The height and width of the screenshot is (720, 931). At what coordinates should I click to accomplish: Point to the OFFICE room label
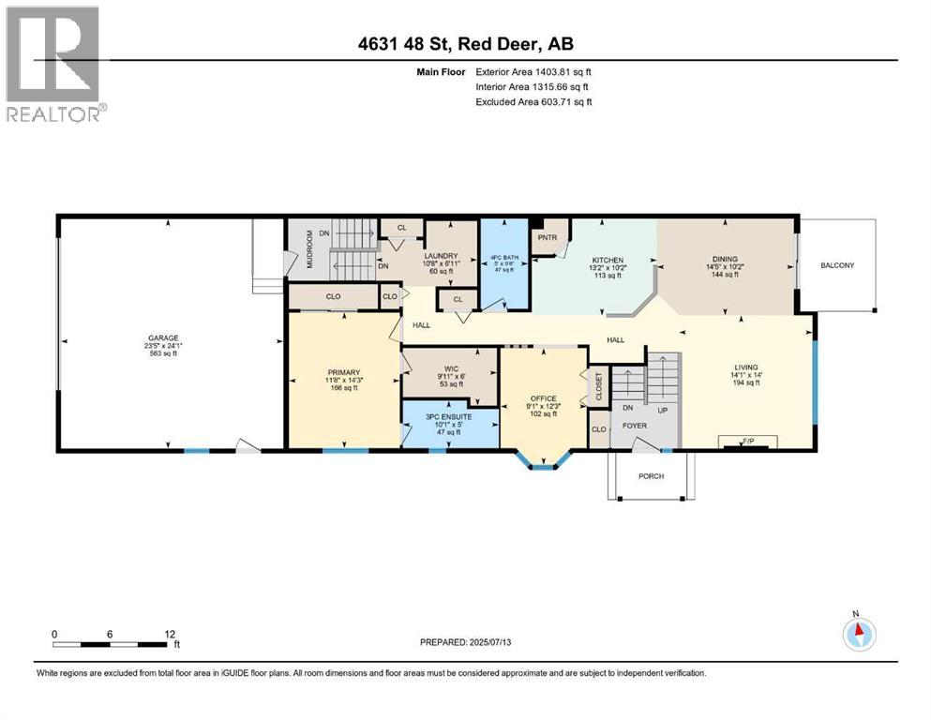point(544,398)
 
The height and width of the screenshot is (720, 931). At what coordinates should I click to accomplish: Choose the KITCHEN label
point(608,260)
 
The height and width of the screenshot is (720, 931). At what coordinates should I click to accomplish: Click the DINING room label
point(725,259)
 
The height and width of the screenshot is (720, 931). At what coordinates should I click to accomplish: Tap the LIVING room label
point(746,367)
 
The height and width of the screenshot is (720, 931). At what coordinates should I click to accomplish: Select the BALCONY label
point(837,265)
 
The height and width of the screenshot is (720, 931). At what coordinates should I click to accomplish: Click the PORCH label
point(651,476)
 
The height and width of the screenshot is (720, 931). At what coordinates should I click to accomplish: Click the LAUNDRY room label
point(440,255)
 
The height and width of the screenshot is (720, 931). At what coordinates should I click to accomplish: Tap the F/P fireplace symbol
point(747,440)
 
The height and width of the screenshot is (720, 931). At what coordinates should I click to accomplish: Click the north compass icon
point(857,633)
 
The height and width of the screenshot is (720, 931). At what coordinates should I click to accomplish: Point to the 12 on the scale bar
point(169,634)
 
